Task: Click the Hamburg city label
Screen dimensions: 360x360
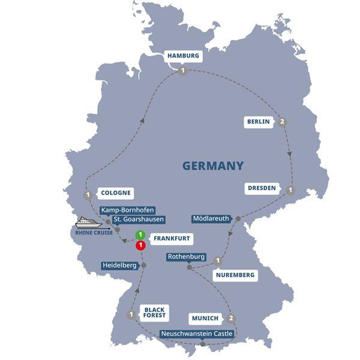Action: [182, 56]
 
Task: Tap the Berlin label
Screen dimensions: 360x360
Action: [259, 122]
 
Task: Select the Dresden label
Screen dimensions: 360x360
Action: [262, 188]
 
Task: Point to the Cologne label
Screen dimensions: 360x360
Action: [115, 194]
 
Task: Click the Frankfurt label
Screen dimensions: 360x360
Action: [172, 238]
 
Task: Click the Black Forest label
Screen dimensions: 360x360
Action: [154, 313]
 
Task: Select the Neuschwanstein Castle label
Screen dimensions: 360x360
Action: [197, 334]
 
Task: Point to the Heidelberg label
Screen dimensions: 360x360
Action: [120, 265]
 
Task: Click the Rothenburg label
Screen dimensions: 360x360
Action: [187, 257]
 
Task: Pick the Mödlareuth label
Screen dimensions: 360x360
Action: [211, 218]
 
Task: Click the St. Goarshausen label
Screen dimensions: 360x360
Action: [139, 220]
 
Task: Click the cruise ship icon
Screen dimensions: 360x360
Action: [88, 223]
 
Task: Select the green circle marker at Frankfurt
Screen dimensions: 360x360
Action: [140, 235]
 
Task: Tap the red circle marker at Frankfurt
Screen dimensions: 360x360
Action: [140, 245]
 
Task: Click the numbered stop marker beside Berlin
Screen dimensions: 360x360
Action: [282, 122]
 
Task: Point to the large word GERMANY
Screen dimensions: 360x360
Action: [214, 166]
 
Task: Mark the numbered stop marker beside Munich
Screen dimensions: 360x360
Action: [232, 318]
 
